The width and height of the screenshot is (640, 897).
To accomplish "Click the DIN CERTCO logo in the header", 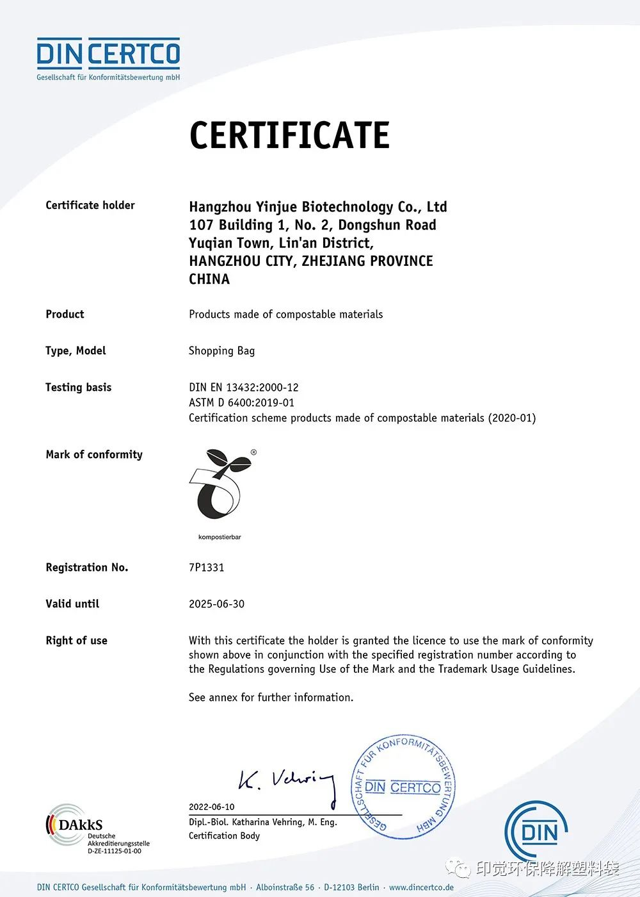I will coord(108,58).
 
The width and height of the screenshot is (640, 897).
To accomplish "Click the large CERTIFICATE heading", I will coord(289,135).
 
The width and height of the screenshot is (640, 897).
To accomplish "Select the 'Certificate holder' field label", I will coord(90,205).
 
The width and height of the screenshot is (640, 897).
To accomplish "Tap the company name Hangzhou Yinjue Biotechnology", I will coord(317,207).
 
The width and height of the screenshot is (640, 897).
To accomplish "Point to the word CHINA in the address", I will coord(209,279).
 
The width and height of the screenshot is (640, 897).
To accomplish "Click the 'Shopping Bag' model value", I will coord(221,350).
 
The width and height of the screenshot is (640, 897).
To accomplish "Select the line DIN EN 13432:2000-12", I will coord(244,387).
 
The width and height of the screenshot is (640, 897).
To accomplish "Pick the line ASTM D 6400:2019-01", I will coord(241,402).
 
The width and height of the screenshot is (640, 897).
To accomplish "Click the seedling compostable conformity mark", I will coord(220,485).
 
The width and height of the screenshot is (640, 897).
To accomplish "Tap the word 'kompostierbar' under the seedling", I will coord(220,537).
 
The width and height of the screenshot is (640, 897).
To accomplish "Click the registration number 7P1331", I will coord(206,567).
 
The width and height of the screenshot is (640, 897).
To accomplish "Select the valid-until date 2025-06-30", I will coord(216,604).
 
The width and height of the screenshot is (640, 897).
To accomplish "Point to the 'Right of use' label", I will coord(76,640).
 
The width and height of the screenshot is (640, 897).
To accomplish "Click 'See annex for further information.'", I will coord(271,697).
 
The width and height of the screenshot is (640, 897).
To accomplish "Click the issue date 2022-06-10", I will coord(211,807).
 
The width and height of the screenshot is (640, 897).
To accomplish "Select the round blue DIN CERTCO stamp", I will coord(403,787).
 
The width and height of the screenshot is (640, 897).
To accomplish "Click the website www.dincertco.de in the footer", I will coord(421,887).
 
